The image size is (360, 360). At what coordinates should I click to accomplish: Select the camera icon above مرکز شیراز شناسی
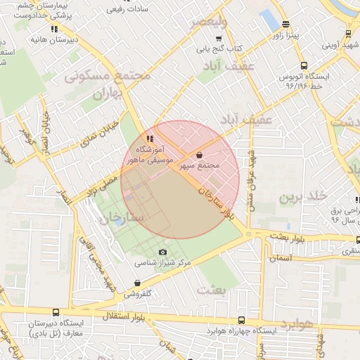coord(163,252)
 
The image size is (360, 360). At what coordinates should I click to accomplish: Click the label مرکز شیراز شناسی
coord(163,263)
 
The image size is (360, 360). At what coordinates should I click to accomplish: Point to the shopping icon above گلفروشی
coord(137,283)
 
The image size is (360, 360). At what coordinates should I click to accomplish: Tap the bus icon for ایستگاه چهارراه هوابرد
coord(242,320)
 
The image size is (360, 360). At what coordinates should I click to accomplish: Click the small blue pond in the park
coord(119,221)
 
